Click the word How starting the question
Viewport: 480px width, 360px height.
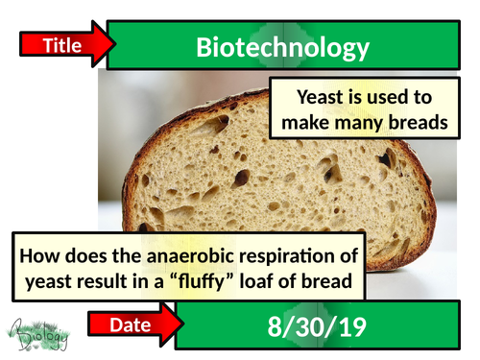click(43, 256)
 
